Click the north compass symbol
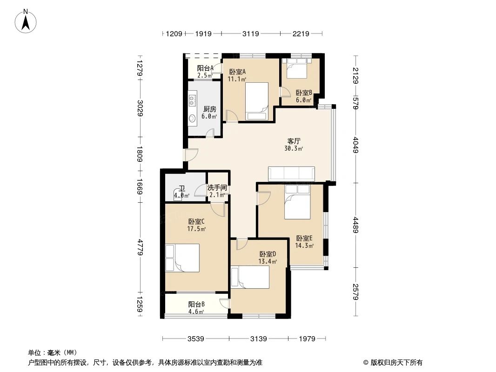[27, 21]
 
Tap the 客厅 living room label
[294, 140]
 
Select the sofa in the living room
[291, 173]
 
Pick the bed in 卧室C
[182, 258]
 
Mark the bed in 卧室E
[297, 202]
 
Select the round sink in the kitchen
[193, 118]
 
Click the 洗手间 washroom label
[217, 188]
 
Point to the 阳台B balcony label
[196, 304]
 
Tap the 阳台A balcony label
[205, 68]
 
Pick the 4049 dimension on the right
[356, 145]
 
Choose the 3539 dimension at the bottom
[196, 339]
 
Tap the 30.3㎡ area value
[294, 149]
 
